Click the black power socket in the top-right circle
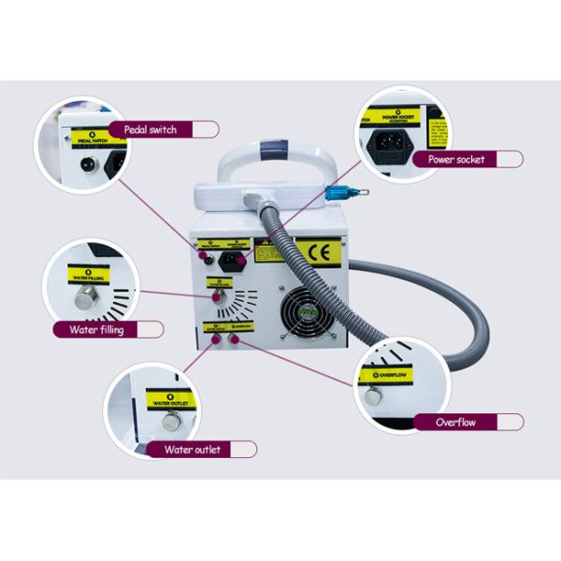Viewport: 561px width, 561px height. pyautogui.click(x=391, y=142)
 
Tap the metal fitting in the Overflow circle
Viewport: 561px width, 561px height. pyautogui.click(x=373, y=396)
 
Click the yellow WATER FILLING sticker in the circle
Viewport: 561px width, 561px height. pyautogui.click(x=92, y=278)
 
